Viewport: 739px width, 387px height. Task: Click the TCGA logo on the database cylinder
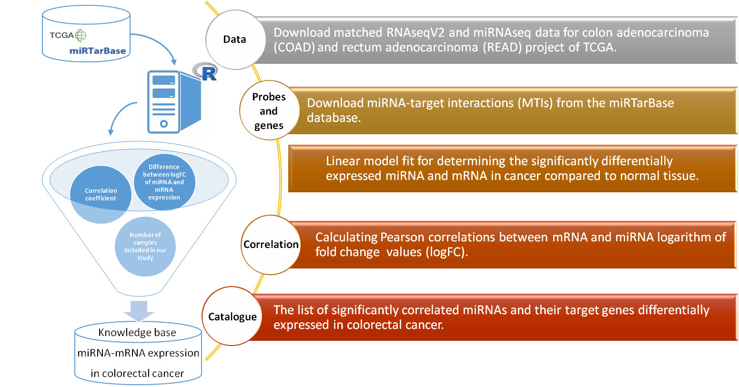68,35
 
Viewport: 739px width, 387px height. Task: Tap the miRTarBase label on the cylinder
98,51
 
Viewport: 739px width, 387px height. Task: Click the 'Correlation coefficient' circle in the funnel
101,194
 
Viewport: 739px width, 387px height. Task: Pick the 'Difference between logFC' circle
164,182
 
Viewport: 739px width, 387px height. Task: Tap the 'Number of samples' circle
145,246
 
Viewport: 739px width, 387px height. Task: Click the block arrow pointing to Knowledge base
139,310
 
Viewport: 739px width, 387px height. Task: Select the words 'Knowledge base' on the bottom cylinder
137,332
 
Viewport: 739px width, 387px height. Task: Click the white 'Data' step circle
235,40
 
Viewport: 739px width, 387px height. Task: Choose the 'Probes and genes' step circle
269,110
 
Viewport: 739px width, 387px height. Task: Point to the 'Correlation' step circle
271,245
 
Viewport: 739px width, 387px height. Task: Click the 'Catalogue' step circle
233,317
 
